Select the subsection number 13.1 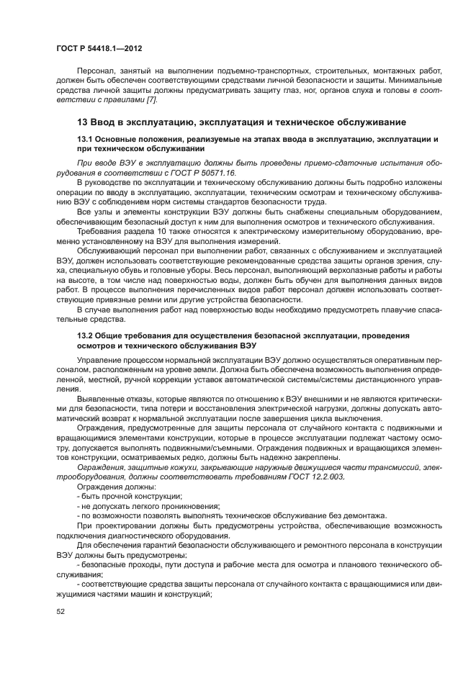point(86,137)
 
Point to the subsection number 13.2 point(86,335)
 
